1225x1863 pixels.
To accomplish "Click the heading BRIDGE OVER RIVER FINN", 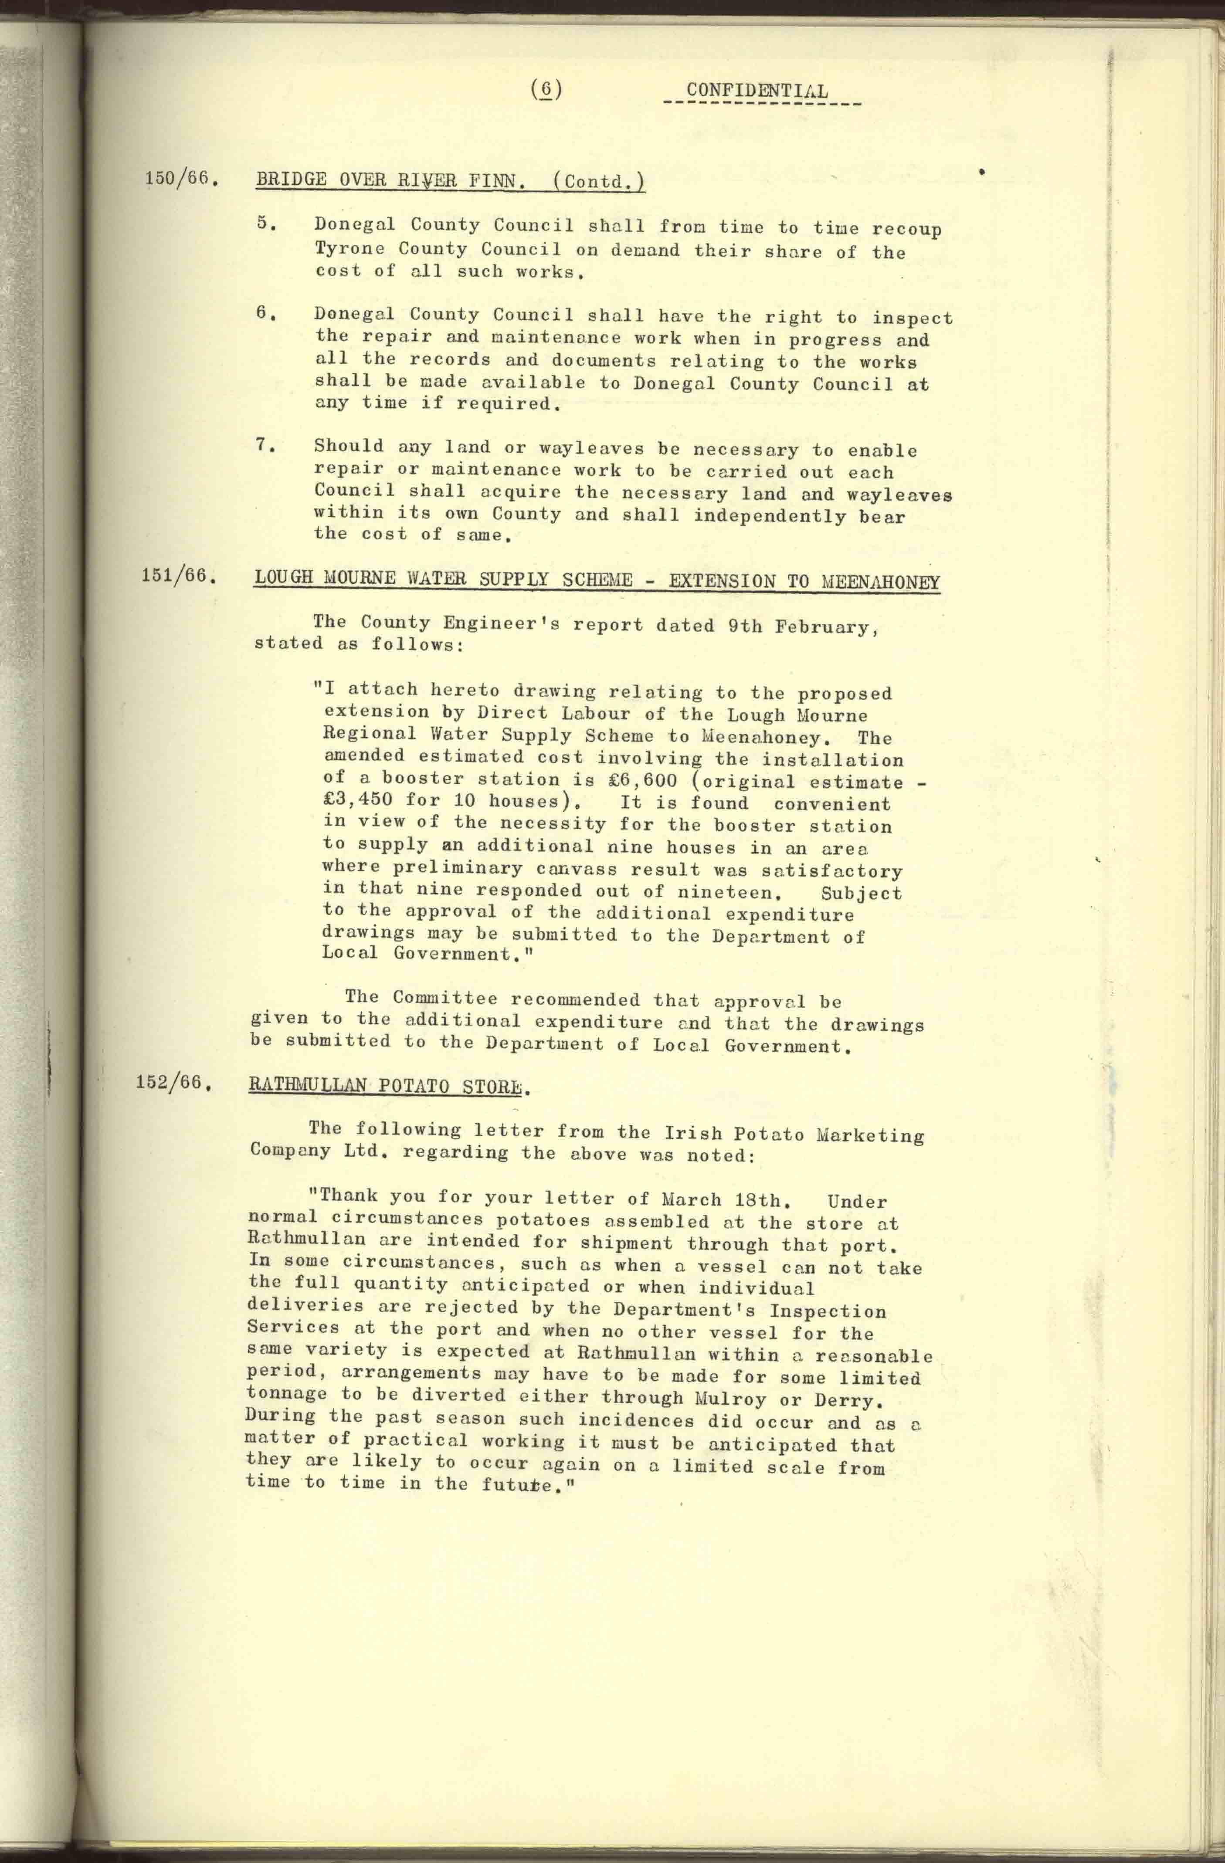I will coord(390,181).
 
